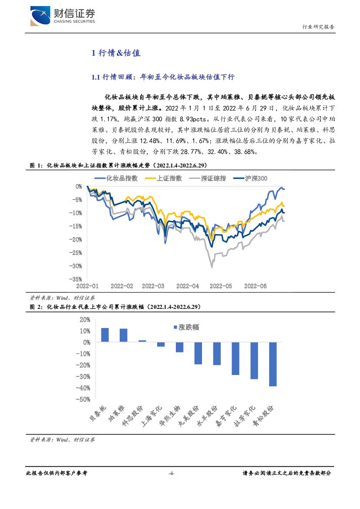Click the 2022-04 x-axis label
pos(187,286)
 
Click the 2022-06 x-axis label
pos(255,286)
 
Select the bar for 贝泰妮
pos(105,335)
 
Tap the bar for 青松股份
pos(273,364)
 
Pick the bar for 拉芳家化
pos(254,361)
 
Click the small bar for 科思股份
pos(142,341)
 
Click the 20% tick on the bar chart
pos(84,319)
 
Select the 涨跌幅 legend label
pos(188,327)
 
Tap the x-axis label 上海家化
pos(151,415)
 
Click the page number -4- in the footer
pos(171,473)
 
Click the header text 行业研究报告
pos(318,27)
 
